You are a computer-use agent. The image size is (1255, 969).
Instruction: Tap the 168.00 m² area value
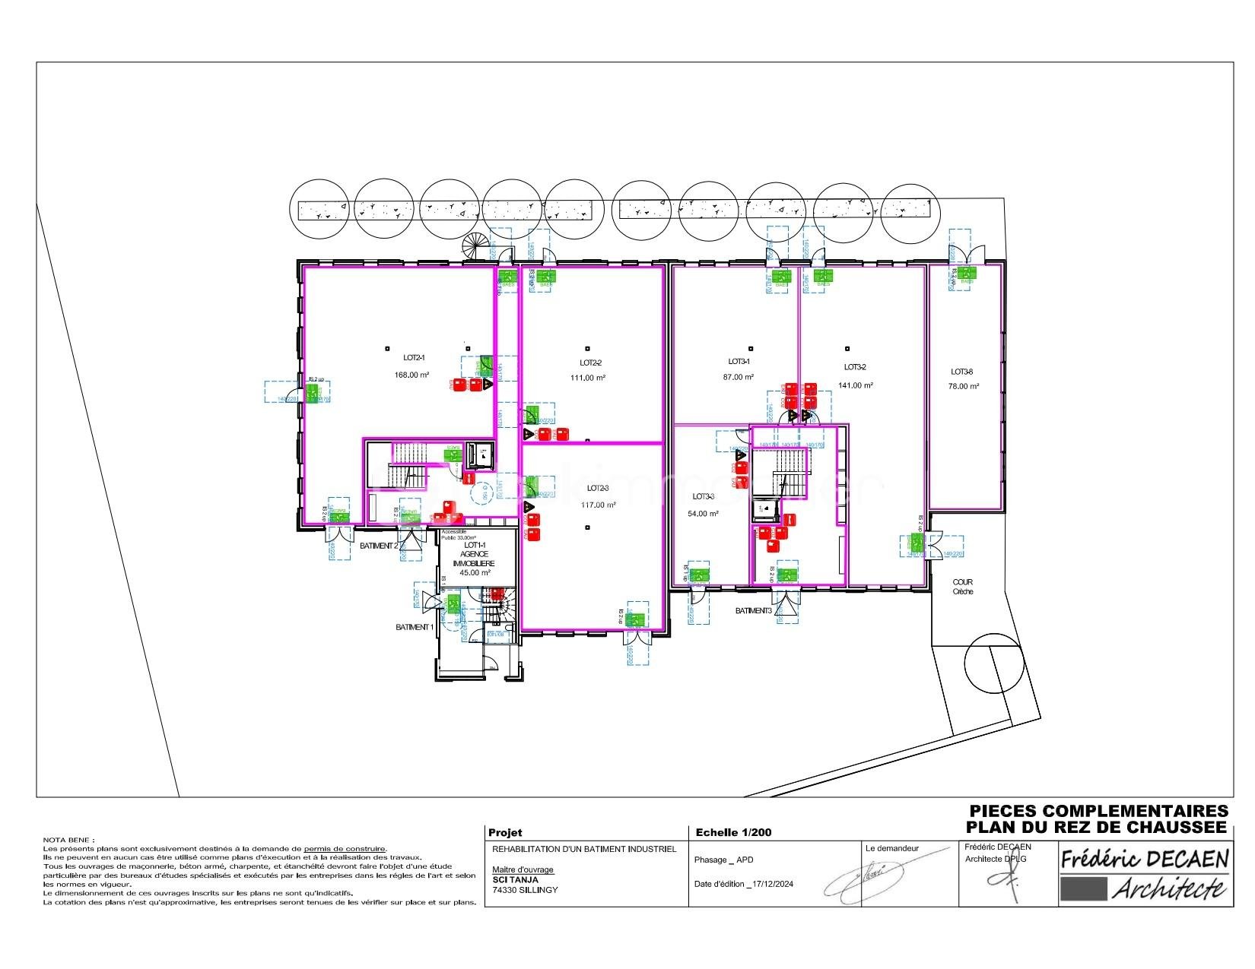coord(411,375)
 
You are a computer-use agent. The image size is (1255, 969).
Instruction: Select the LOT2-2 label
coord(590,363)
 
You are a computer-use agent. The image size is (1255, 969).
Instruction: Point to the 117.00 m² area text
coord(599,505)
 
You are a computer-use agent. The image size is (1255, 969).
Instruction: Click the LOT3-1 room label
coord(739,362)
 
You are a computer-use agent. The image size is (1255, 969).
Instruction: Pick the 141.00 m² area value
coord(856,385)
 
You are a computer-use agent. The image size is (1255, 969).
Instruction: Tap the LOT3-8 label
coord(962,372)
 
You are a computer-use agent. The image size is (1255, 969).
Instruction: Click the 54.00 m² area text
coord(704,514)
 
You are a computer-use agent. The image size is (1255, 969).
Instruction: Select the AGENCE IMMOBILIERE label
coord(474,559)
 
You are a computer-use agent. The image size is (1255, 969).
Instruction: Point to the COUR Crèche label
coord(962,587)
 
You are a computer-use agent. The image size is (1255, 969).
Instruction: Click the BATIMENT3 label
coord(753,611)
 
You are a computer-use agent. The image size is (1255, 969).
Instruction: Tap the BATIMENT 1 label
coord(415,627)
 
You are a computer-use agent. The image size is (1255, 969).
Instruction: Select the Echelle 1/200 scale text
coord(733,832)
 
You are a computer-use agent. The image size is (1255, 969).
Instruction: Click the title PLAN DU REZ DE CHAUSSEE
coord(1097,827)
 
